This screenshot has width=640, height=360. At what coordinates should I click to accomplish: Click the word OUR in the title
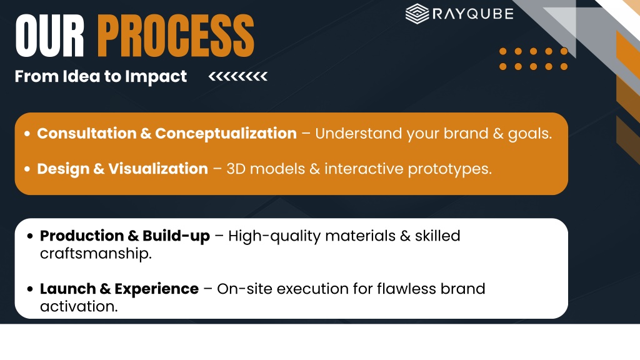click(x=50, y=36)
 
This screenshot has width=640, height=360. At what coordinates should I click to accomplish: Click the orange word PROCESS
click(x=176, y=36)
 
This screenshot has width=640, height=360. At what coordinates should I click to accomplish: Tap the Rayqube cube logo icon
click(x=417, y=14)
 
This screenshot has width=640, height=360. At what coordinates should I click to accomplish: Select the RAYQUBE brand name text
click(x=472, y=14)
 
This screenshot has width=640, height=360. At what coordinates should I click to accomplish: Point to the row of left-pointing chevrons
click(x=238, y=76)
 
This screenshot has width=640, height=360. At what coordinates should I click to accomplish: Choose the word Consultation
click(x=86, y=134)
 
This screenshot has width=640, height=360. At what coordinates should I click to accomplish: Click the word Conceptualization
click(x=226, y=134)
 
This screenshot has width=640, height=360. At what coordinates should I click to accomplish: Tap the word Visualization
click(x=158, y=169)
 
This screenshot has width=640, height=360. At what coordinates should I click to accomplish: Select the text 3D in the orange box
click(x=236, y=169)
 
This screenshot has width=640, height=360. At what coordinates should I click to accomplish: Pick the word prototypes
click(x=450, y=169)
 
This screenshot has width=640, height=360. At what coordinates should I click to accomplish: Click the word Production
click(x=82, y=236)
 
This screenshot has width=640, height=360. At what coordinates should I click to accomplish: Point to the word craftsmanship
click(x=96, y=254)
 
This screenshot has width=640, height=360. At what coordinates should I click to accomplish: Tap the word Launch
click(x=67, y=289)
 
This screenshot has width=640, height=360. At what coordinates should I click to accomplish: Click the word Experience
click(x=157, y=289)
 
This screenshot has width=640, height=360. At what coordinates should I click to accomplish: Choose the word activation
click(x=79, y=306)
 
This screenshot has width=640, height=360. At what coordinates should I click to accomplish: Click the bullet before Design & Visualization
click(x=27, y=169)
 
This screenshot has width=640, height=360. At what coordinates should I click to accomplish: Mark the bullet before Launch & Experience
click(x=30, y=289)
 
